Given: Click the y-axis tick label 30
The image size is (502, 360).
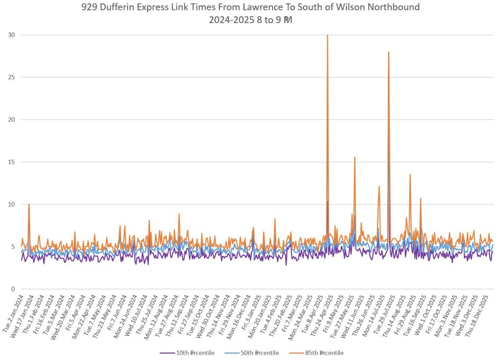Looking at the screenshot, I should pos(11,35).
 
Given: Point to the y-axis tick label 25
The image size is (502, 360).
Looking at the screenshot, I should pos(11,77).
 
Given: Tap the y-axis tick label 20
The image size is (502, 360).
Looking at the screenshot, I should pos(11,120).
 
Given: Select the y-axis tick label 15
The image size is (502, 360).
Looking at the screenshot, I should pos(11,162).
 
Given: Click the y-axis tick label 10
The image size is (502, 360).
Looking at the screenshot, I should pos(11,204).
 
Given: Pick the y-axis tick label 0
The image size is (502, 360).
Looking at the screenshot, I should pos(13,289).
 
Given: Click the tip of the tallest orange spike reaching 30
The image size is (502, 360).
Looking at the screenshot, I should pos(327,35).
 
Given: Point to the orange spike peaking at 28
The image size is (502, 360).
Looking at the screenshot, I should pos(389,52).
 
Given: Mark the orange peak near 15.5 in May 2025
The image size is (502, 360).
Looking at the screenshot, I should pos(354,157).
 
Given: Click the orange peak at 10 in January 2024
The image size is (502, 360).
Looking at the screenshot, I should pos(29,204).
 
